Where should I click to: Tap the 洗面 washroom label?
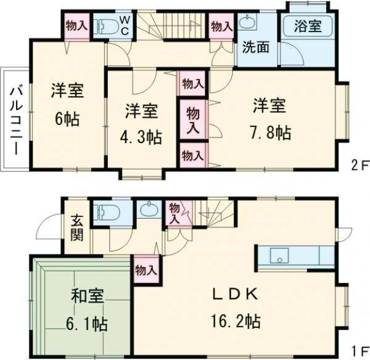point(255,47)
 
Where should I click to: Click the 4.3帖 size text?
point(141,136)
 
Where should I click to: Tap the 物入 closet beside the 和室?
point(146,269)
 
